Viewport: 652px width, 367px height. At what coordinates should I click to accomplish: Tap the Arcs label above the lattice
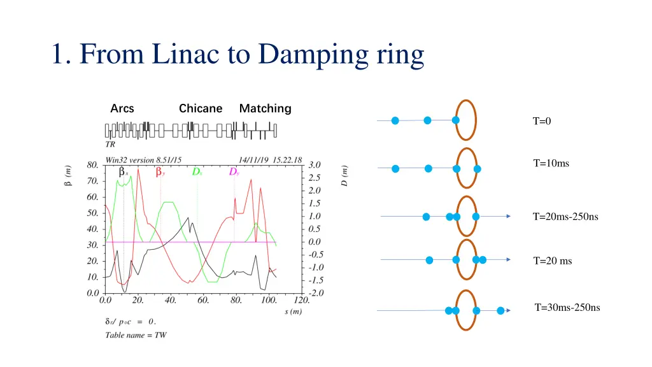pos(122,108)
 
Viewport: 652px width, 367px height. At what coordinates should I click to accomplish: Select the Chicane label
pos(201,108)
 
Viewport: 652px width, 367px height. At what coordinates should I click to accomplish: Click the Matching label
pos(265,108)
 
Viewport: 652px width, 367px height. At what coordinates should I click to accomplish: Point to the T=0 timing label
pos(542,121)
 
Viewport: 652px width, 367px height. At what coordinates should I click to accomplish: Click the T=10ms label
pos(551,163)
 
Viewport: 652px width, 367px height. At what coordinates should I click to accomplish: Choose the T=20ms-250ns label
pos(565,217)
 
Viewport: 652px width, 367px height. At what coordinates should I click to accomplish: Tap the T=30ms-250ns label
pos(567,308)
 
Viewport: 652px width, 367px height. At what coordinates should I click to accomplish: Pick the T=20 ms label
pos(553,261)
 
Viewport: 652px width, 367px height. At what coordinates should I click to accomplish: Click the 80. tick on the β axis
pos(93,164)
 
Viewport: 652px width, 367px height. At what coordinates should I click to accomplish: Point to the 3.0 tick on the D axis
pos(315,164)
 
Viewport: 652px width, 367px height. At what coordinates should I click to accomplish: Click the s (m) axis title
pos(294,312)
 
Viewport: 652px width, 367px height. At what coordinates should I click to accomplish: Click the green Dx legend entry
pos(197,172)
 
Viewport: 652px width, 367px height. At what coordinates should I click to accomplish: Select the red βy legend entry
pos(160,172)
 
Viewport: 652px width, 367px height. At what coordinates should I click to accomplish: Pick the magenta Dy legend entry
pos(234,172)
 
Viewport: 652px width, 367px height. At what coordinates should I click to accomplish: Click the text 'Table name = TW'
pos(136,335)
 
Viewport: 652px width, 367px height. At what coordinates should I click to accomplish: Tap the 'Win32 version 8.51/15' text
pos(143,159)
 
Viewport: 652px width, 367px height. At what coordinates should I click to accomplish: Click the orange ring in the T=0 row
pos(475,120)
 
